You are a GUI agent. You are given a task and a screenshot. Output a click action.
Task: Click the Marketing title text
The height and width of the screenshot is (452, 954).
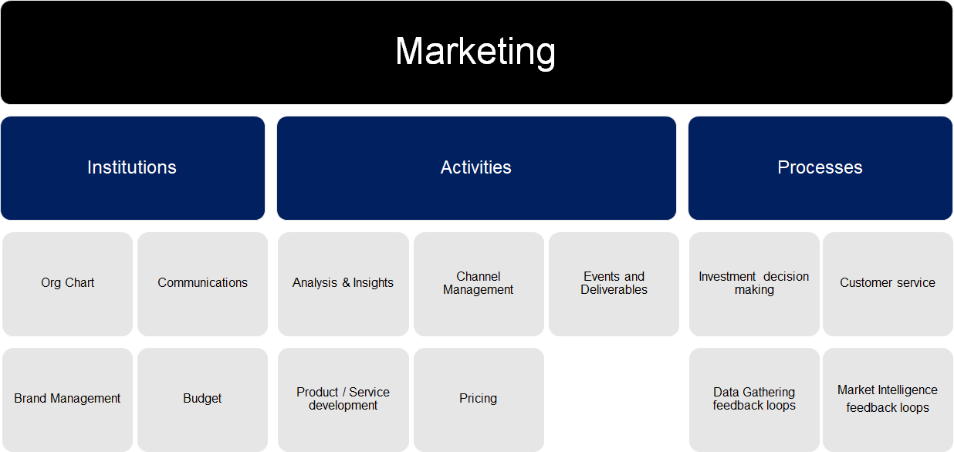click(475, 52)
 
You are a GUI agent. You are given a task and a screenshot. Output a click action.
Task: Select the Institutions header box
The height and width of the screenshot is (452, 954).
click(133, 168)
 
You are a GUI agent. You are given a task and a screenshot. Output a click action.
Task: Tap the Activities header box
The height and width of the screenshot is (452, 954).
click(476, 168)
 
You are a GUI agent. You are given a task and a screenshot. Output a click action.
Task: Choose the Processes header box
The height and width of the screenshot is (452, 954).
click(820, 168)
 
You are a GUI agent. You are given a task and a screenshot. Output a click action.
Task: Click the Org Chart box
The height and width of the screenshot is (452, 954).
click(67, 284)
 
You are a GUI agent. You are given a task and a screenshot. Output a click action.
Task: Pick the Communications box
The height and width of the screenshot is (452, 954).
click(202, 284)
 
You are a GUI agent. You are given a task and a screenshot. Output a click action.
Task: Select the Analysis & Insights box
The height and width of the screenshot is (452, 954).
click(343, 284)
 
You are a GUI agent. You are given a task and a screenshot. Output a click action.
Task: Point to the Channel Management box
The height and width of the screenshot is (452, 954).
click(479, 284)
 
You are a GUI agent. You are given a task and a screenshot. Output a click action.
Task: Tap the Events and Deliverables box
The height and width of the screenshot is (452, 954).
click(614, 284)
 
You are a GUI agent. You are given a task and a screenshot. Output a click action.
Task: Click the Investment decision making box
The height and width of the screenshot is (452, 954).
click(754, 284)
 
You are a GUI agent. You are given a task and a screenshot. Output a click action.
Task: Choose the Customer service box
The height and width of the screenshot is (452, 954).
click(888, 284)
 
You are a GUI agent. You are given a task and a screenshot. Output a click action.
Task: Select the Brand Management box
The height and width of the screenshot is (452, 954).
click(67, 400)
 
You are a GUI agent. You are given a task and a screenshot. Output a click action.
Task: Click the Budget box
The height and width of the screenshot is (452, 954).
click(202, 400)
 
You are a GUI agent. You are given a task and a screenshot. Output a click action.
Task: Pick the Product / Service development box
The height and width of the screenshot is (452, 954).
click(343, 400)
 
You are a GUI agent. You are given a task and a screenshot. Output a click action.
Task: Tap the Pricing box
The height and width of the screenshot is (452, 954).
click(479, 400)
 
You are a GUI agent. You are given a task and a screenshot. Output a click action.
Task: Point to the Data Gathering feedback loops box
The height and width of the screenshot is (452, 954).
click(754, 400)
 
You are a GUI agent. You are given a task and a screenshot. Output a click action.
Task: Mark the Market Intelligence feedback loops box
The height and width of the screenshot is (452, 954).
click(888, 400)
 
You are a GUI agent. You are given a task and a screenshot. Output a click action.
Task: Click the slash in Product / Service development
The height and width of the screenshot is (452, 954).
click(343, 392)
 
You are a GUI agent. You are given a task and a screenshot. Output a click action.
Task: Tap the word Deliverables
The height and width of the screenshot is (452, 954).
click(614, 290)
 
